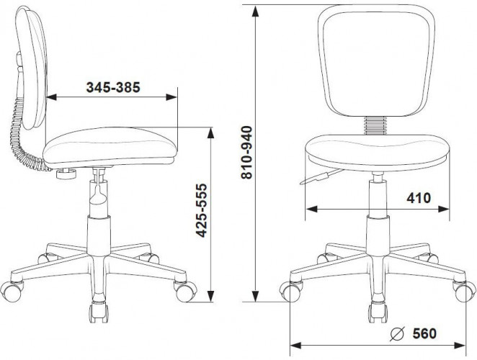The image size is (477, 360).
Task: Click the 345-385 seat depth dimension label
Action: [113, 87]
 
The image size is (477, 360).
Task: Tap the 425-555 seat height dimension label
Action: [201, 210]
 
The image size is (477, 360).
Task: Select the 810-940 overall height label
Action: [246, 153]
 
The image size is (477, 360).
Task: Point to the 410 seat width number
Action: [419, 198]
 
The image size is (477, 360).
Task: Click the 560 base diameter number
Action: [424, 333]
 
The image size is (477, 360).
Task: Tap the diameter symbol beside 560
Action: [397, 333]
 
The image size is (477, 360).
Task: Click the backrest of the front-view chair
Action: [376, 60]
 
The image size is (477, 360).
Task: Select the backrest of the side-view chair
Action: [32, 68]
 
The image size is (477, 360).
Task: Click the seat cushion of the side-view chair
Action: [110, 148]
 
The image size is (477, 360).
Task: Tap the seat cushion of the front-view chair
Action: [377, 153]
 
